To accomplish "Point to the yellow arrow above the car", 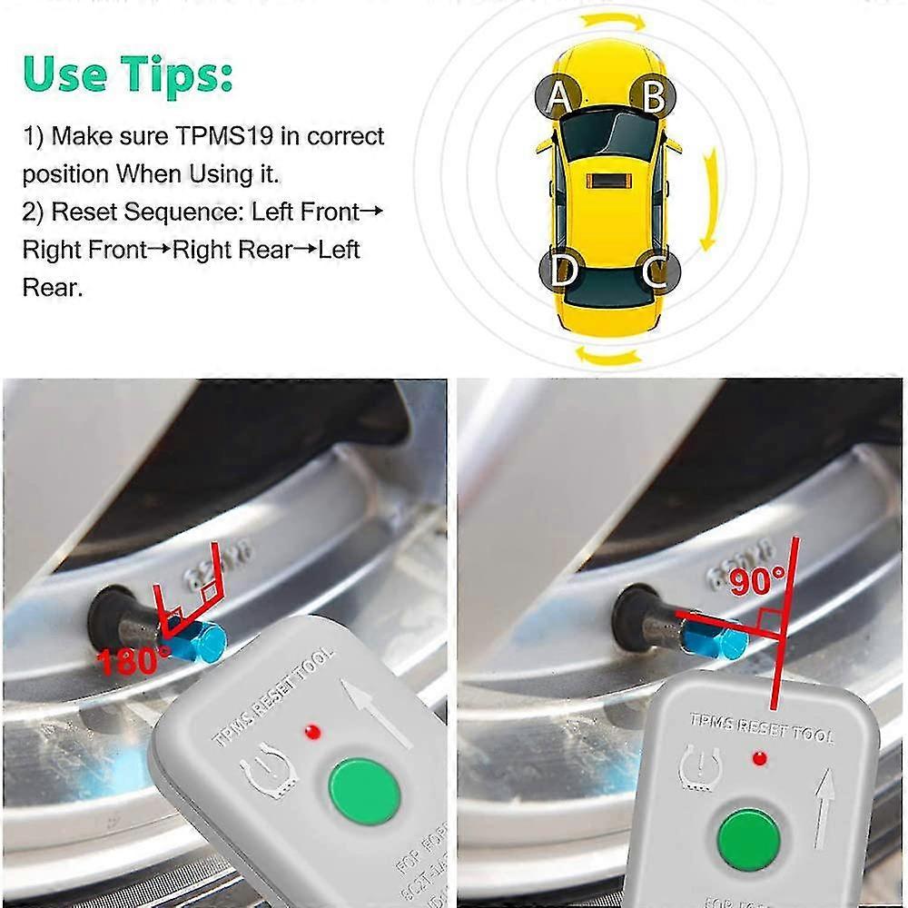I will [x=615, y=20].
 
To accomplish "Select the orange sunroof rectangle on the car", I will [x=605, y=181].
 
